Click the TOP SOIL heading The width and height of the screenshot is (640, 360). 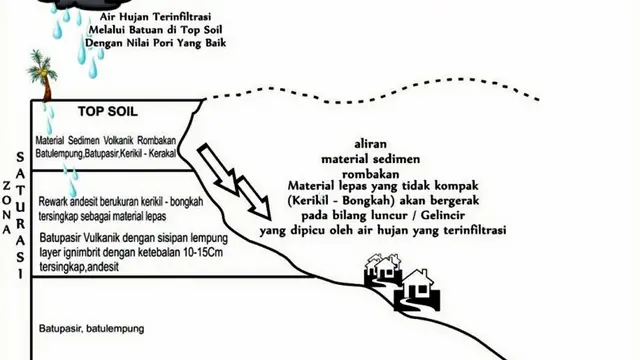pyautogui.click(x=108, y=112)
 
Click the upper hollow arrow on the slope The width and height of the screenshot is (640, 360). pyautogui.click(x=218, y=169)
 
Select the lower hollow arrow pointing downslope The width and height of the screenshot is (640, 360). pyautogui.click(x=254, y=198)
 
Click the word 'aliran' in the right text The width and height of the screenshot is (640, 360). pyautogui.click(x=371, y=144)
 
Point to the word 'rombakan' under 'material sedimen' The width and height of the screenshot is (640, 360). pyautogui.click(x=371, y=174)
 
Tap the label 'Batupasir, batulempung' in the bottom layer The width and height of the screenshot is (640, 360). pyautogui.click(x=91, y=329)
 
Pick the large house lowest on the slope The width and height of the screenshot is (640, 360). pyautogui.click(x=417, y=289)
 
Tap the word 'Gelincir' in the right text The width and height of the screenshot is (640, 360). pyautogui.click(x=443, y=215)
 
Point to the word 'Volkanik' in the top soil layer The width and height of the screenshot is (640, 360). pyautogui.click(x=118, y=140)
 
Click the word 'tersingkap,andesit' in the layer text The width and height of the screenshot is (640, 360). pyautogui.click(x=79, y=267)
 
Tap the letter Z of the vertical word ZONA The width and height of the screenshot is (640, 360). pyautogui.click(x=7, y=186)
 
